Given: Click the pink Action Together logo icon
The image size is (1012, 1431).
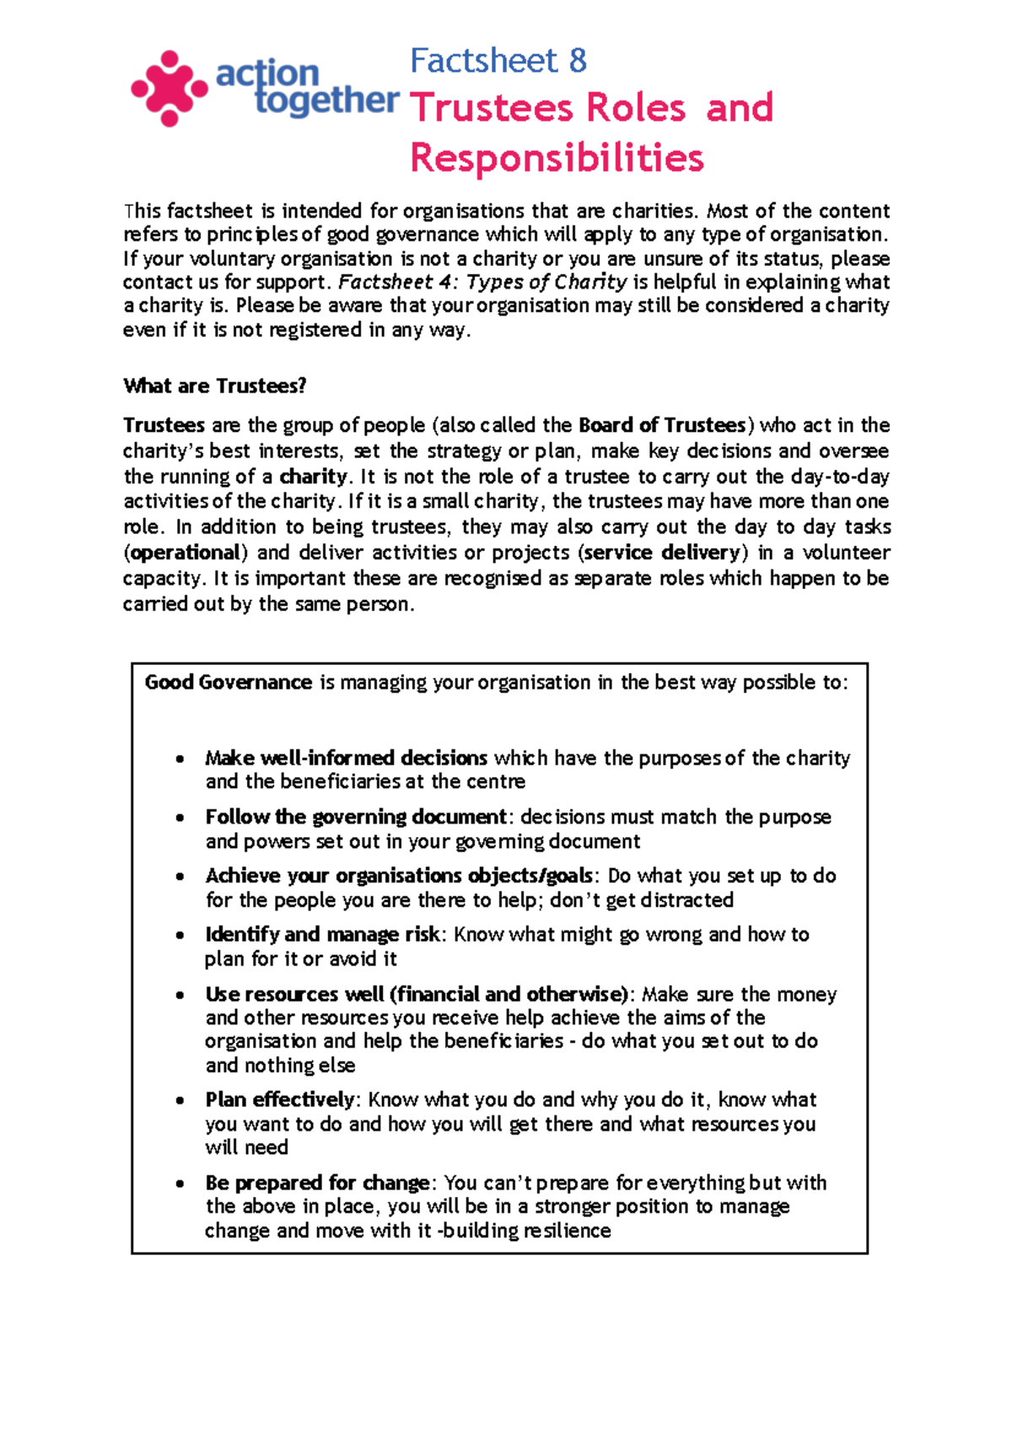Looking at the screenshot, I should pos(170,89).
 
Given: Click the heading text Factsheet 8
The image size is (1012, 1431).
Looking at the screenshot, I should pos(498,61).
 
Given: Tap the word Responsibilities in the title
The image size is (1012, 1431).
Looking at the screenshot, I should pos(557,158).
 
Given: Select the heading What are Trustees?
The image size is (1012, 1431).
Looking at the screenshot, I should pos(214,386).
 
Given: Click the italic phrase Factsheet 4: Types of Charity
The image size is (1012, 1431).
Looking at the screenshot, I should pos(482,282).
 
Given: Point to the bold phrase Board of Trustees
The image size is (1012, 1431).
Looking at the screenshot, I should pos(662,425).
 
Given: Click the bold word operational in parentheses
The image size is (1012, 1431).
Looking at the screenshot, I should pos(186,553).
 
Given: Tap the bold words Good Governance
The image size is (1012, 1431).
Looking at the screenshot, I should pos(228,683).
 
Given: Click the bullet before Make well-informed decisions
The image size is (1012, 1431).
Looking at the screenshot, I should pos(180,759).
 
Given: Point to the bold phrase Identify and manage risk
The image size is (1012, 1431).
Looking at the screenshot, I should pos(322,935).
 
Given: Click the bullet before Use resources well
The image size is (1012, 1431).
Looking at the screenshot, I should pos(180,996).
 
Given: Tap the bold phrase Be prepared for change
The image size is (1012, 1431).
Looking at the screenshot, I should pos(318,1183).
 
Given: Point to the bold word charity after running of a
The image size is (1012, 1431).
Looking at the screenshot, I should pos(313,477).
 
